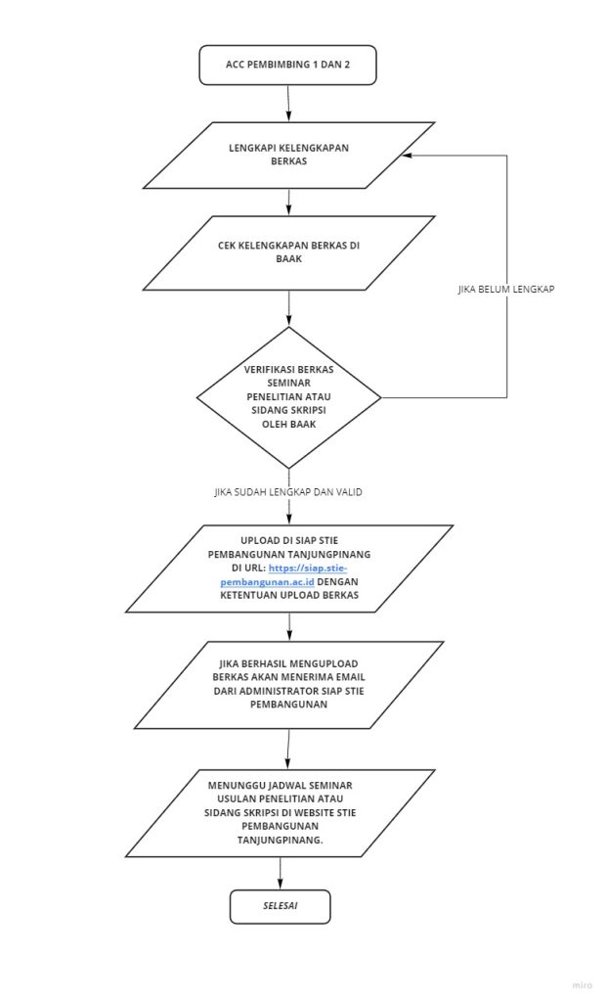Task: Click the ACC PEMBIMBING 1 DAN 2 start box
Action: [287, 66]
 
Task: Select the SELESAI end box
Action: [281, 906]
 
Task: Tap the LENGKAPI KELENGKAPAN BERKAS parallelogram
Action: [288, 156]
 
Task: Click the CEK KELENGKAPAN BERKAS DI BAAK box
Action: [288, 253]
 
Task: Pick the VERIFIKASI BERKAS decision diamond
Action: [288, 397]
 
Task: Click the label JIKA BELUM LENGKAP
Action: [506, 289]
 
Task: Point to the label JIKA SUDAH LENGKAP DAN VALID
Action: [288, 492]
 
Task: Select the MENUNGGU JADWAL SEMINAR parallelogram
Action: [281, 813]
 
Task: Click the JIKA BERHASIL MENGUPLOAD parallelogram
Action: [288, 684]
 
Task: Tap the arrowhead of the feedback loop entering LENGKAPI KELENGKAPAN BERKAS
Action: [407, 156]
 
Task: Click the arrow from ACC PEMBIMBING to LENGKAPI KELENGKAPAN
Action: [288, 104]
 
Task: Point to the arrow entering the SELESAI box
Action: [281, 873]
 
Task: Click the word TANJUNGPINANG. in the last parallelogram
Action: [280, 840]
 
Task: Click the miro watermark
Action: [582, 984]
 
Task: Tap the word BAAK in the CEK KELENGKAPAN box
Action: [288, 259]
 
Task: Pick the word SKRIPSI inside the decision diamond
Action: [310, 410]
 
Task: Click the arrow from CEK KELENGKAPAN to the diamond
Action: [288, 308]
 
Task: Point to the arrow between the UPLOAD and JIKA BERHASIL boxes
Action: [288, 627]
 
